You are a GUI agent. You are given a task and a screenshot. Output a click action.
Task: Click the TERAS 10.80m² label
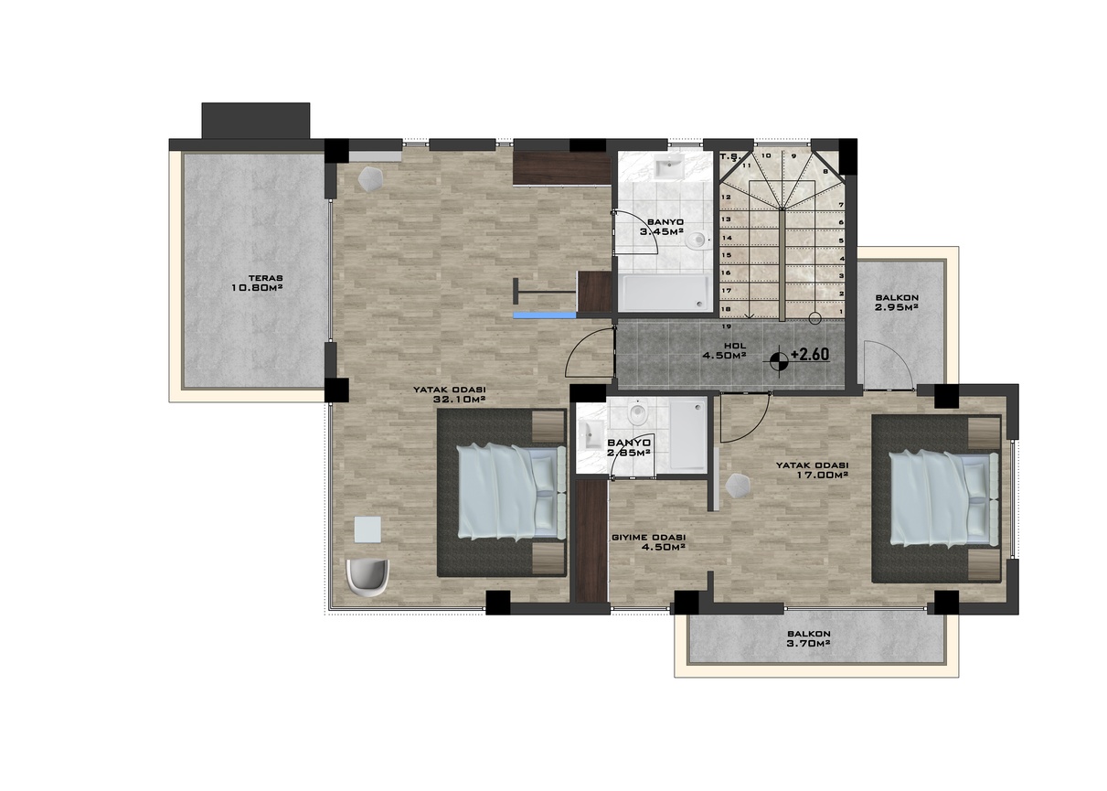pos(257,283)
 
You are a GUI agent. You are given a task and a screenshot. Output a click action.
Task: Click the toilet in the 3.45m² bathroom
pos(697,240)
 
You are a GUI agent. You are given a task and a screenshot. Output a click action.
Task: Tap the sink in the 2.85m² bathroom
pos(591,435)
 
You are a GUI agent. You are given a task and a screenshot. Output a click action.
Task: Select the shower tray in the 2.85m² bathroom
pos(687,434)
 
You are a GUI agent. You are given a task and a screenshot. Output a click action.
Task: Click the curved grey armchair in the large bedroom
pos(368,577)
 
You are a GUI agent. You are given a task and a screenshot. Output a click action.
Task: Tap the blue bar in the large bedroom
pos(545,315)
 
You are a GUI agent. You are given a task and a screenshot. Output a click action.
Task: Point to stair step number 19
pos(727,326)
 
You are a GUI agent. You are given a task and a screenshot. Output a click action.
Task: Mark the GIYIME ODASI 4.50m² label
pos(649,542)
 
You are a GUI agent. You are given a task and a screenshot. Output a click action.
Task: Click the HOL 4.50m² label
pos(724,349)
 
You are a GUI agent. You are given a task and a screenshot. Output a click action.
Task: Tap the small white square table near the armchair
pos(368,529)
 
